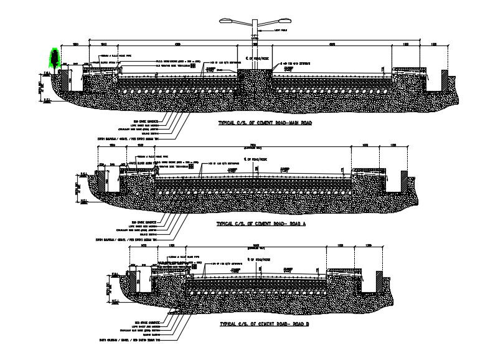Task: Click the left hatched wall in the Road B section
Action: pos(133,280)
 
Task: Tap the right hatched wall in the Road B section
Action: pos(377,280)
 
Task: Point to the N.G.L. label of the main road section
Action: pos(46,100)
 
